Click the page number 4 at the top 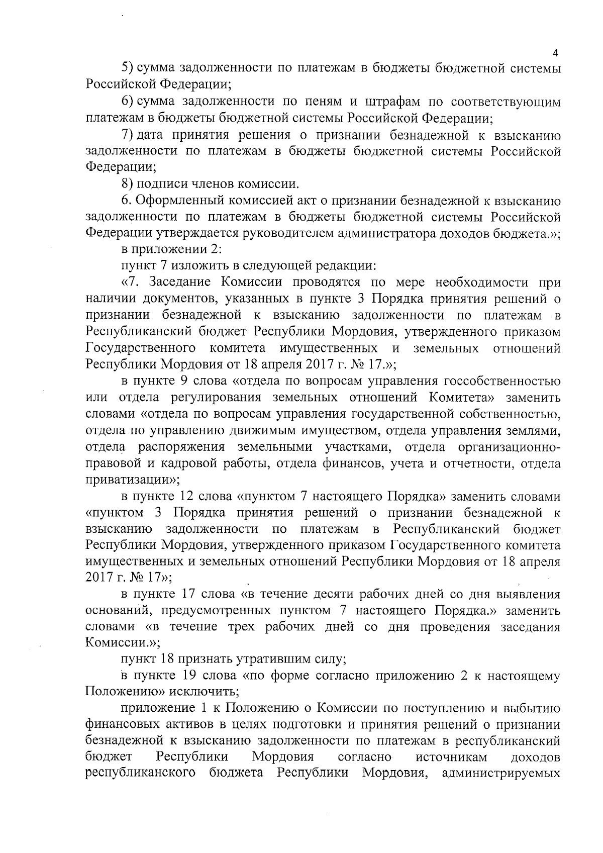pos(555,54)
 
